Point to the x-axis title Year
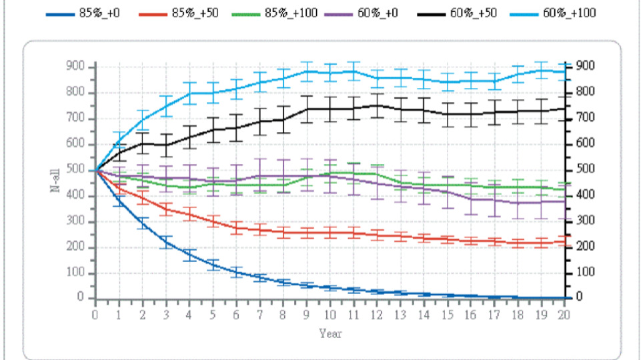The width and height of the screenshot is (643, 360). pos(330,332)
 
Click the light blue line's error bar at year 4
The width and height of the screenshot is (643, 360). pos(189,93)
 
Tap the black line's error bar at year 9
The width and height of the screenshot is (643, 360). pos(307,109)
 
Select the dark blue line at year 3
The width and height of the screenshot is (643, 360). pos(166,243)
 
